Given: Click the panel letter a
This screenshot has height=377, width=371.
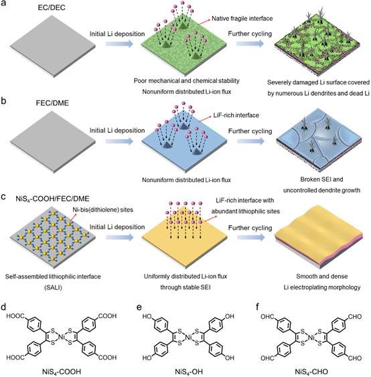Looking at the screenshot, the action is [3, 3].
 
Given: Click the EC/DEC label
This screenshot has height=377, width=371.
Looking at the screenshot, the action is [52, 7].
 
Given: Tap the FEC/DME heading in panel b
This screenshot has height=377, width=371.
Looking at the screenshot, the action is [52, 103].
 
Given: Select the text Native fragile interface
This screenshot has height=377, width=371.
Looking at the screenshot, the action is [242, 19].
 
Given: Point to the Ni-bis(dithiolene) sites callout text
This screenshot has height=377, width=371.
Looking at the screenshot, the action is [103, 210].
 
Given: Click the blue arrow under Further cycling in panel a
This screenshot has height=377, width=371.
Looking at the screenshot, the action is [250, 44].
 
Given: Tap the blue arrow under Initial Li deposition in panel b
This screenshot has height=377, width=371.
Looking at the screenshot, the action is [119, 141].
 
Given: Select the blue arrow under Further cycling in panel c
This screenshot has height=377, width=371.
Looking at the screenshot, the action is [250, 238].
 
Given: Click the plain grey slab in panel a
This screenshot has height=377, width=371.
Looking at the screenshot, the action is [53, 46].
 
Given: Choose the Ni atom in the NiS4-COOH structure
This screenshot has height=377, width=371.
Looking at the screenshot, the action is [62, 337].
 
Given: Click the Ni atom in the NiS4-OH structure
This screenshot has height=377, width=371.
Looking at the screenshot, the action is [188, 337].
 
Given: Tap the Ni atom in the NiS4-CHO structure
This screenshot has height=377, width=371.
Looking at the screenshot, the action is [311, 338].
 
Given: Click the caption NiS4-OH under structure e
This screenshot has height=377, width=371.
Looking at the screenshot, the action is [189, 372].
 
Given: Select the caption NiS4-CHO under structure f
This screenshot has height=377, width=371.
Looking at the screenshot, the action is [311, 372].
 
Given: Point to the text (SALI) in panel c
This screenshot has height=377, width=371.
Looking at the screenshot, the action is [53, 287].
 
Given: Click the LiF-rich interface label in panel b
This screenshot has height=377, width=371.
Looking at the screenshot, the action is [236, 115].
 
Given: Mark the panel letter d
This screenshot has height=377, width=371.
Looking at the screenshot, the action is [3, 307].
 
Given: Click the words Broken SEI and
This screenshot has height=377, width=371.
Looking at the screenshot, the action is [321, 179].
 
